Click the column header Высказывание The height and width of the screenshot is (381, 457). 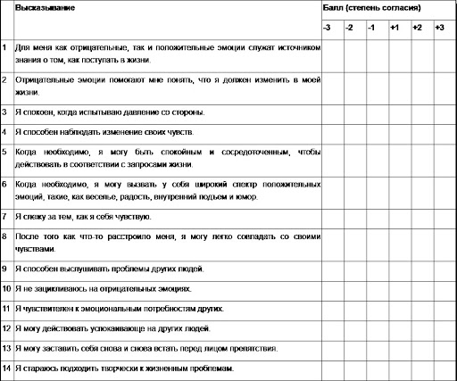(x=45, y=7)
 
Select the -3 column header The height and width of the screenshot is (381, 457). (x=328, y=28)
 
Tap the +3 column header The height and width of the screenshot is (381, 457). (x=438, y=28)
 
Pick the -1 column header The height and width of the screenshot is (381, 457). (x=371, y=28)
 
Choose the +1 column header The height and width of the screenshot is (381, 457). (x=394, y=28)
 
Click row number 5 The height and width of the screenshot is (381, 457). (x=5, y=152)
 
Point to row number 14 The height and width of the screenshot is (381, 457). (x=6, y=369)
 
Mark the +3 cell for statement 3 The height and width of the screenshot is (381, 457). (x=438, y=112)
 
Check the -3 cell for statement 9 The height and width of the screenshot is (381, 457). (x=329, y=268)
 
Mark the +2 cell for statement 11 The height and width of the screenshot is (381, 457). (x=416, y=309)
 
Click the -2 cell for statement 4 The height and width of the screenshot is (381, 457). (x=350, y=132)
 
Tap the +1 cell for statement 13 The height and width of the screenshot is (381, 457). (x=394, y=348)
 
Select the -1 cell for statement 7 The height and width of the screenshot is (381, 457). (x=371, y=216)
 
